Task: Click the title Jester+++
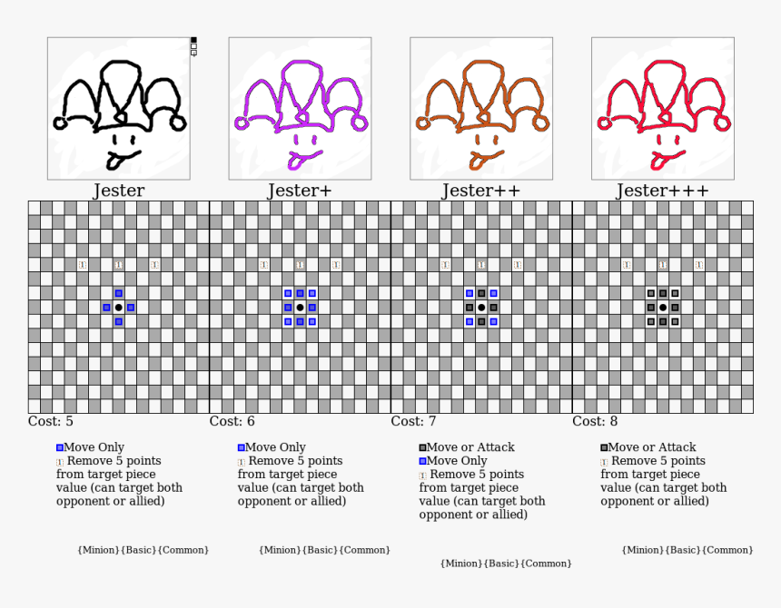click(662, 191)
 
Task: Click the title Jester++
click(480, 191)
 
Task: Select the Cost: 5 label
click(50, 421)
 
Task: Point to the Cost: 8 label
click(595, 421)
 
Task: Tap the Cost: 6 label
click(232, 421)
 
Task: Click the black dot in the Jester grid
click(119, 308)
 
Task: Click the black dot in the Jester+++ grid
click(662, 308)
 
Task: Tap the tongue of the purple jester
click(294, 162)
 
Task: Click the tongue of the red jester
click(657, 162)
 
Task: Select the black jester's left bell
click(60, 123)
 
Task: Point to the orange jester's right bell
click(541, 123)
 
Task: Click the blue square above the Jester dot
click(119, 293)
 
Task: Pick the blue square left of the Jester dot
click(106, 308)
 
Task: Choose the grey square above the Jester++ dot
click(481, 293)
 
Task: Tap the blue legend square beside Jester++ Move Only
click(423, 461)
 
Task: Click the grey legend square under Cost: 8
click(604, 447)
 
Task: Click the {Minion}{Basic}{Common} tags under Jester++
click(506, 564)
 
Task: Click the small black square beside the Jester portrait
click(193, 40)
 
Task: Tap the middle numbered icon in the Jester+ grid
click(300, 265)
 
